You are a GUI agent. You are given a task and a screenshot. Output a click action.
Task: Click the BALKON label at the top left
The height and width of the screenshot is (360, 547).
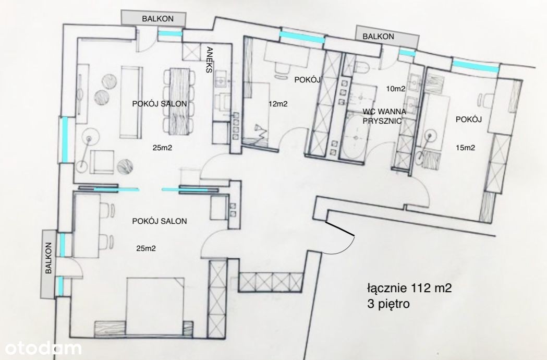[x=157, y=19]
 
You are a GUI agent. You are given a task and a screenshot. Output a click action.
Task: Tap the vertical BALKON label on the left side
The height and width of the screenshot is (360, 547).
[x=48, y=258]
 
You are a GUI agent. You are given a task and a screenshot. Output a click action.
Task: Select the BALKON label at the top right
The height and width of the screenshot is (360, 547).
[x=378, y=37]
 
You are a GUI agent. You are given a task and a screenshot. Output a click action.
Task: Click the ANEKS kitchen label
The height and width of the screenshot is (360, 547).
[x=209, y=59]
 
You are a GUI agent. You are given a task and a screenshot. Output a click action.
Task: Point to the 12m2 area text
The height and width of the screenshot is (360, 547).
[x=278, y=104]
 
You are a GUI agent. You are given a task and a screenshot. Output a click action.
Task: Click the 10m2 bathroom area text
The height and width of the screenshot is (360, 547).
[x=396, y=89]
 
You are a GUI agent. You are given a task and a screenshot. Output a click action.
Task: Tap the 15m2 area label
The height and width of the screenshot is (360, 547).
[x=465, y=148]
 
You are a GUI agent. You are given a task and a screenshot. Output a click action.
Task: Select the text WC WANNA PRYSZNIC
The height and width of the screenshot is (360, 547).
[x=384, y=116]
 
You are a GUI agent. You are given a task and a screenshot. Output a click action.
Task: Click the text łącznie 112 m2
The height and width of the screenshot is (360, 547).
[x=409, y=288]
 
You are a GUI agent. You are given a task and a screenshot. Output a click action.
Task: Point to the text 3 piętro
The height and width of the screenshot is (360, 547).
[x=388, y=304]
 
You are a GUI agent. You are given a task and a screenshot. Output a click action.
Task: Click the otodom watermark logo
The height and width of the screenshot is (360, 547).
[x=43, y=348]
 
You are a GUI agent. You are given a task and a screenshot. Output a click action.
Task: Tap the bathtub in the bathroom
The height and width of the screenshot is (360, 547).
[x=354, y=138]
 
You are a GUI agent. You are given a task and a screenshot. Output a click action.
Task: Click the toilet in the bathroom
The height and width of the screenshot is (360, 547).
[x=362, y=66]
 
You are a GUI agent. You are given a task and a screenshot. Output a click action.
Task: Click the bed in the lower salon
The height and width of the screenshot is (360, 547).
[x=155, y=307]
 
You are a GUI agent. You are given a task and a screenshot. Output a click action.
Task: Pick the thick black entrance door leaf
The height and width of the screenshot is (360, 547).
[x=340, y=229]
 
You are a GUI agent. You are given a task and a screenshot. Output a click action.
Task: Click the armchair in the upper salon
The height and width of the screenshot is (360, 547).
[x=102, y=162]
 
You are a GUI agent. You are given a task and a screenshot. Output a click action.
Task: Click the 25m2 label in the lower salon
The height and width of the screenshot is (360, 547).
[x=146, y=249]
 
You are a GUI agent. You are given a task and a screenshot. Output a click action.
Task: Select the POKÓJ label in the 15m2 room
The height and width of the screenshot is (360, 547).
[x=469, y=119]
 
